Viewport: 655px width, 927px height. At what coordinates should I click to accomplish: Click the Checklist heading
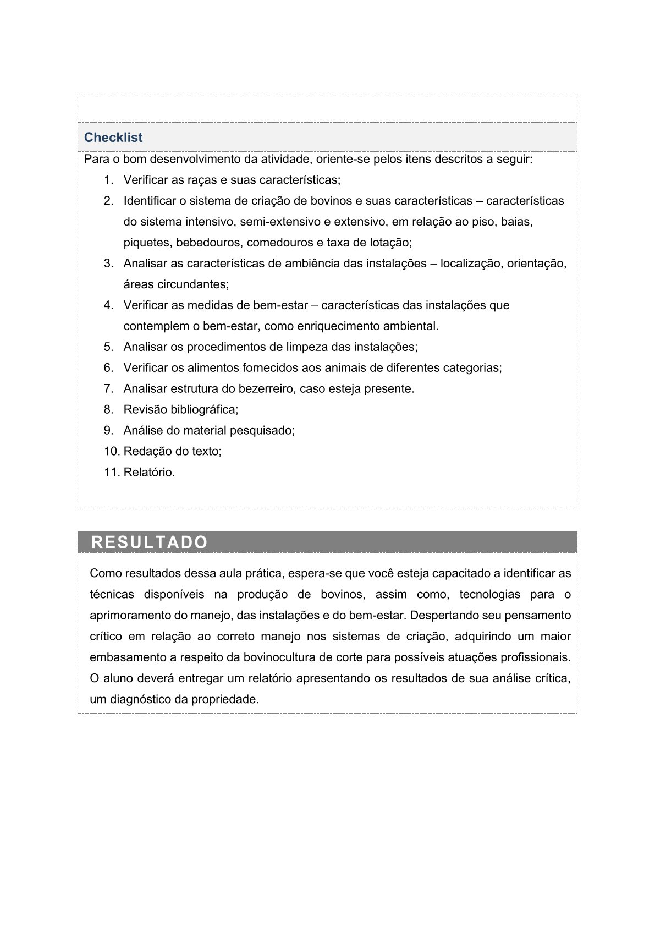click(x=113, y=138)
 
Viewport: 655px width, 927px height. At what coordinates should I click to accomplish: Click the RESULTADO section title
click(x=150, y=542)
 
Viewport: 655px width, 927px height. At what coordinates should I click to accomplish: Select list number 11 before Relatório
click(x=112, y=472)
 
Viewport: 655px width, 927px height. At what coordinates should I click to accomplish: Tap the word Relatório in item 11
click(x=149, y=472)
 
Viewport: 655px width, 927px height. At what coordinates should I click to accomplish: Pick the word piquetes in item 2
click(x=146, y=243)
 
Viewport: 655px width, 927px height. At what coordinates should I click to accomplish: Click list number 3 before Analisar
click(x=109, y=264)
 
